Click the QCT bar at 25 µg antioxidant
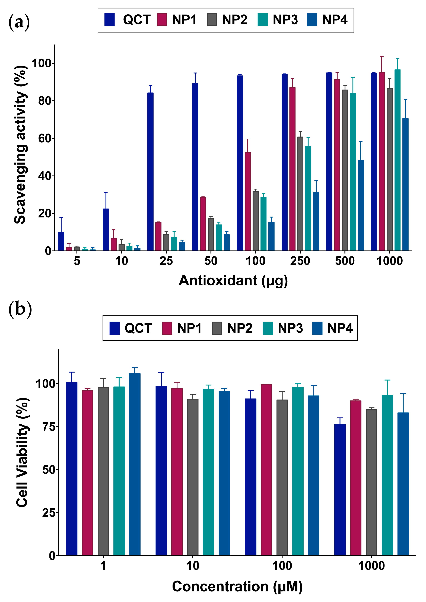150,172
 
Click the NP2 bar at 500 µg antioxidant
345,170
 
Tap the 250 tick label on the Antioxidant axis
300,261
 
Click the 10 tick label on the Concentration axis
193,566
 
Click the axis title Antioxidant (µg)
233,281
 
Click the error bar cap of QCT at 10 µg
106,192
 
